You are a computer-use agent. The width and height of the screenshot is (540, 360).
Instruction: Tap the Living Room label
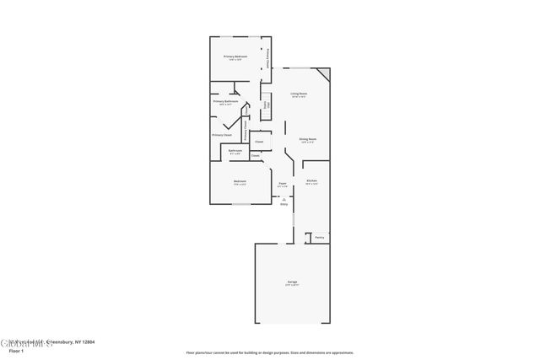coord(299,94)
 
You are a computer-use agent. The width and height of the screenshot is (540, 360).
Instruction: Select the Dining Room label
coord(307,138)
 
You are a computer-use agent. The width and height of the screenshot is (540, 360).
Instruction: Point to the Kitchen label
coord(311,180)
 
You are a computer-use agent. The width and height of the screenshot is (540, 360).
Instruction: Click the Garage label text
coord(291,281)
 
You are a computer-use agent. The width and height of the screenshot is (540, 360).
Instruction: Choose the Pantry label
coord(320,238)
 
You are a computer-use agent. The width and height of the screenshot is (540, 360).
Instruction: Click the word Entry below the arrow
coord(283,204)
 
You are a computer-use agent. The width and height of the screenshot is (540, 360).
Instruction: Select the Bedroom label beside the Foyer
coord(240,181)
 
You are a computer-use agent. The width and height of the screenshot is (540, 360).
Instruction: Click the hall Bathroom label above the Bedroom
coord(235,151)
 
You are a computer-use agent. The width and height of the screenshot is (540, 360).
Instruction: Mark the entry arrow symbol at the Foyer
coord(283,198)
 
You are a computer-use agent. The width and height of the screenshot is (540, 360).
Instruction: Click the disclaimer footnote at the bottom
coord(269,352)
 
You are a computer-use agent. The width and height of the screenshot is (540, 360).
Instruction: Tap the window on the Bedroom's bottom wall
coord(240,203)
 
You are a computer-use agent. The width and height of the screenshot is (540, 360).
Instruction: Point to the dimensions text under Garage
coord(291,285)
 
